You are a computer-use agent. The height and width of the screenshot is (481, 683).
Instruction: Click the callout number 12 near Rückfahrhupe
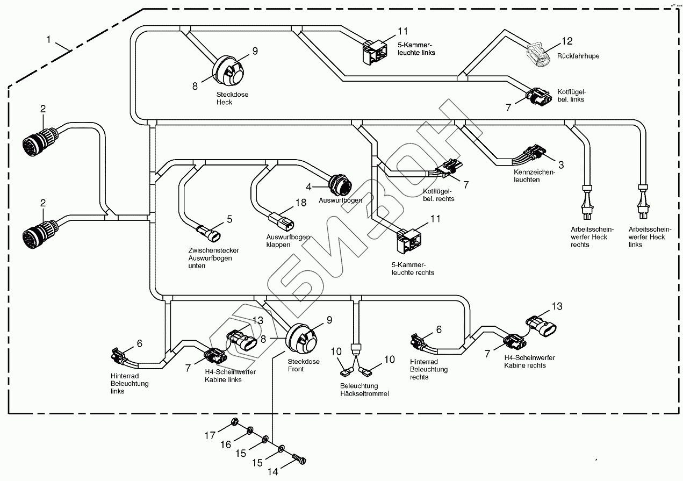coord(567,41)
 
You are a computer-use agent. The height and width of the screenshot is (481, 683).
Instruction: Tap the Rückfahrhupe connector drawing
coord(540,55)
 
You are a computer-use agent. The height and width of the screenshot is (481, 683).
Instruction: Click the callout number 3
coord(560,164)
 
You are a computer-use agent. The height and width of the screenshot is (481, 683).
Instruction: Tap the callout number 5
coord(229,219)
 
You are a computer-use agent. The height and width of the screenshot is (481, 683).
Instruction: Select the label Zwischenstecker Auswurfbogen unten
coord(213,258)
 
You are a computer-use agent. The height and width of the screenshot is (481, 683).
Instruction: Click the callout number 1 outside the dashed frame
coord(49,39)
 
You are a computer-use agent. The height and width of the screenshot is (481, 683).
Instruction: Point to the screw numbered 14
coord(299,460)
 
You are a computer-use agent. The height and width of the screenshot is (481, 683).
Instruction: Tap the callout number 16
coord(225,444)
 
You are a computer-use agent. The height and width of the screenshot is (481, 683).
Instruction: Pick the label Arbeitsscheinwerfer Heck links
coord(646,236)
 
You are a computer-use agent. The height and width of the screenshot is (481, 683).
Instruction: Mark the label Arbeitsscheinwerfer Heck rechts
coord(587,236)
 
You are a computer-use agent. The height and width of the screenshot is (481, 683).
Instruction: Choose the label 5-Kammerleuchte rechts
coord(413,269)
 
